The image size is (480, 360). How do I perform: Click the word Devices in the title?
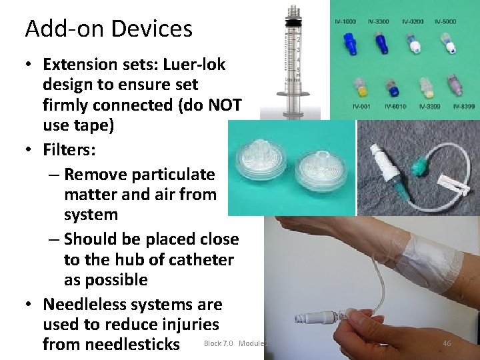151,29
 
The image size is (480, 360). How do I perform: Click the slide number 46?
447,343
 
